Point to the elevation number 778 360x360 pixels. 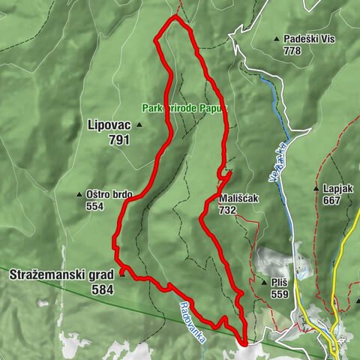tap(292, 50)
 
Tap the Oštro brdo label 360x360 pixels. tap(109, 194)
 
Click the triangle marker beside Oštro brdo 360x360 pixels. tap(80, 194)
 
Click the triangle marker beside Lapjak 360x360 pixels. tap(318, 189)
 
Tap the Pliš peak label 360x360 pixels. tap(280, 283)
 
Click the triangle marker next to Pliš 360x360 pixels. tap(264, 283)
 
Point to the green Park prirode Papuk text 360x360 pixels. tap(183, 107)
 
